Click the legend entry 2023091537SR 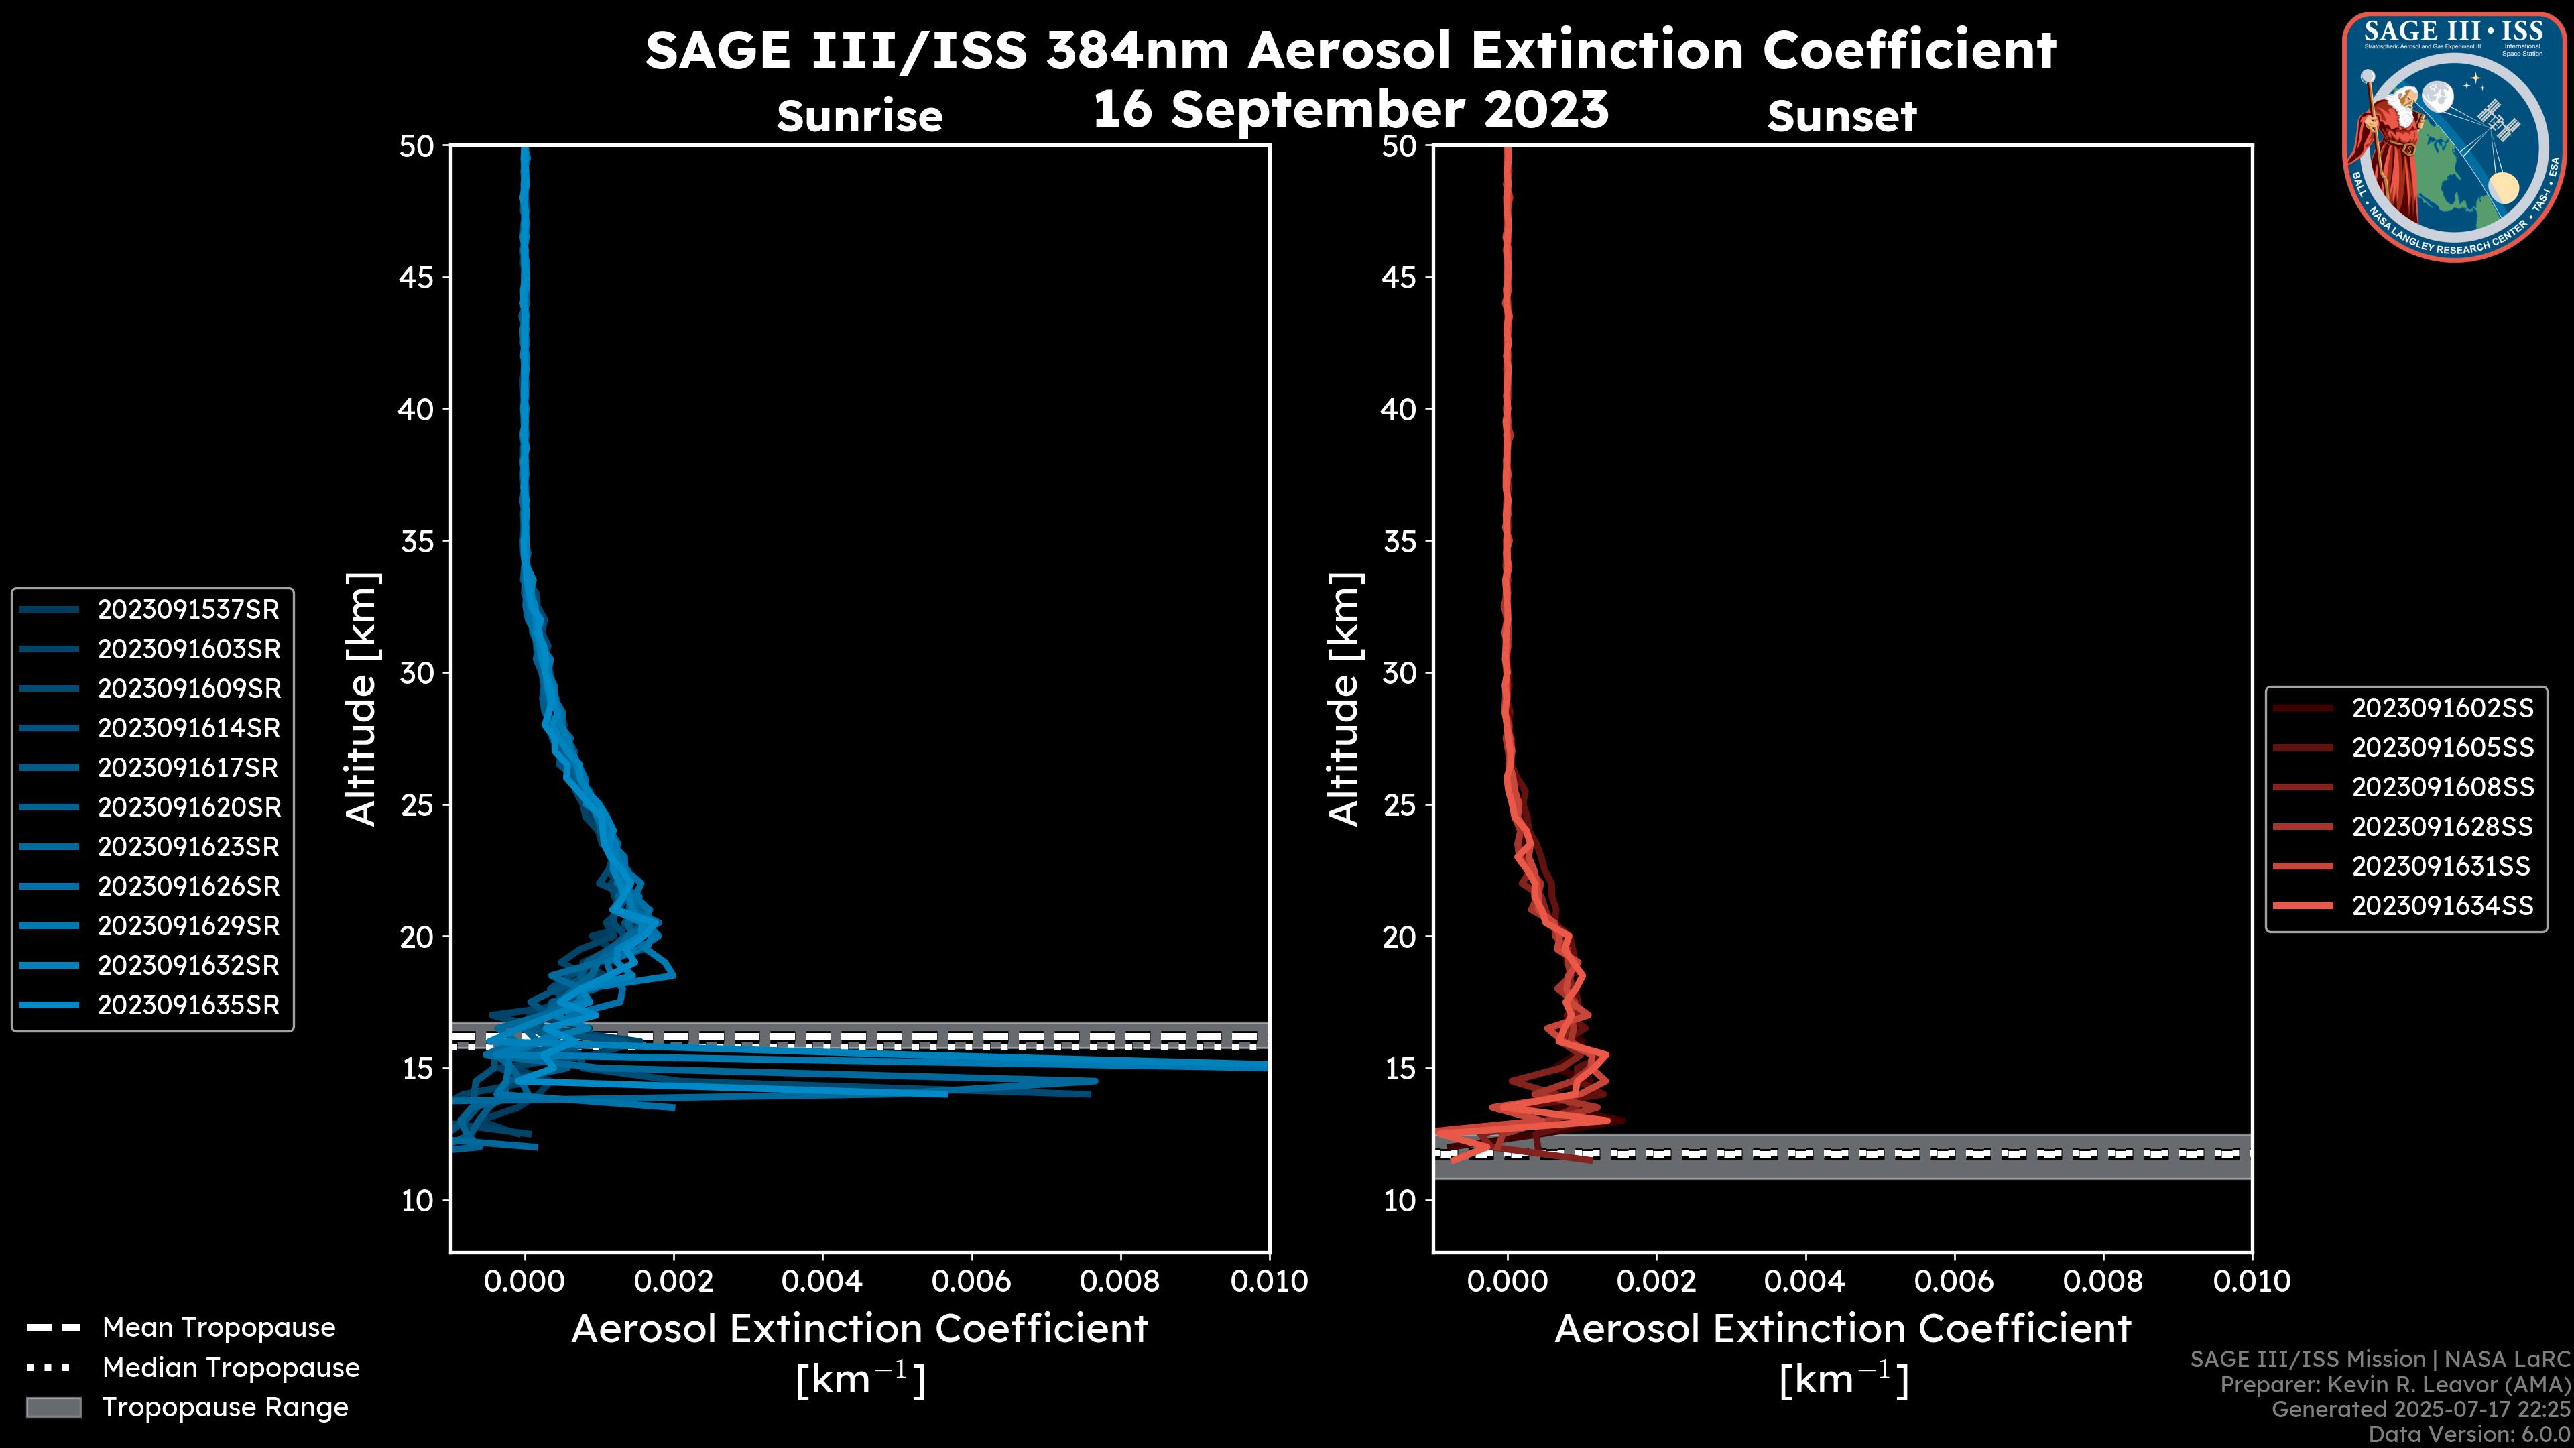[188, 609]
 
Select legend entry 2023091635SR [188, 1006]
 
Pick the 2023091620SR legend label [188, 807]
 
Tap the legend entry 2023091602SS [2442, 709]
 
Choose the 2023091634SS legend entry [2442, 906]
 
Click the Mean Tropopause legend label [219, 1328]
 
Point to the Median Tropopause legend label [231, 1368]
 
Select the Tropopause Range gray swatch [53, 1408]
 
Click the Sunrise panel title [859, 117]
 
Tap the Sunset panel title [1841, 117]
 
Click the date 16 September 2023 [1350, 109]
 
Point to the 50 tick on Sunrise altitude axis [417, 147]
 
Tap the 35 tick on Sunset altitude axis [1399, 542]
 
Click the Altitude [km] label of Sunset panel [1344, 699]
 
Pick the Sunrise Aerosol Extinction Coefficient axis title [859, 1330]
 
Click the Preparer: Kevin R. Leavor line [2394, 1385]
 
